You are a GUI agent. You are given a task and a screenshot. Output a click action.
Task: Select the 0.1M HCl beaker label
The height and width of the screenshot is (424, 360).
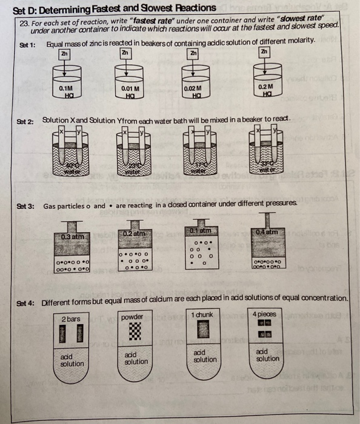pyautogui.click(x=65, y=91)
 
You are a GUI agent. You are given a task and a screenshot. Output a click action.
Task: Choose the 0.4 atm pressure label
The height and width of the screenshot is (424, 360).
pyautogui.click(x=267, y=232)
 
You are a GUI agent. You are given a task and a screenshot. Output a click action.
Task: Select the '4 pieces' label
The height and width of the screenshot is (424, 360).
pyautogui.click(x=264, y=314)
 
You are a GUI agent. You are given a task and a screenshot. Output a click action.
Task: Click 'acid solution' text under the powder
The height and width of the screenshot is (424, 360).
pyautogui.click(x=136, y=357)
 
